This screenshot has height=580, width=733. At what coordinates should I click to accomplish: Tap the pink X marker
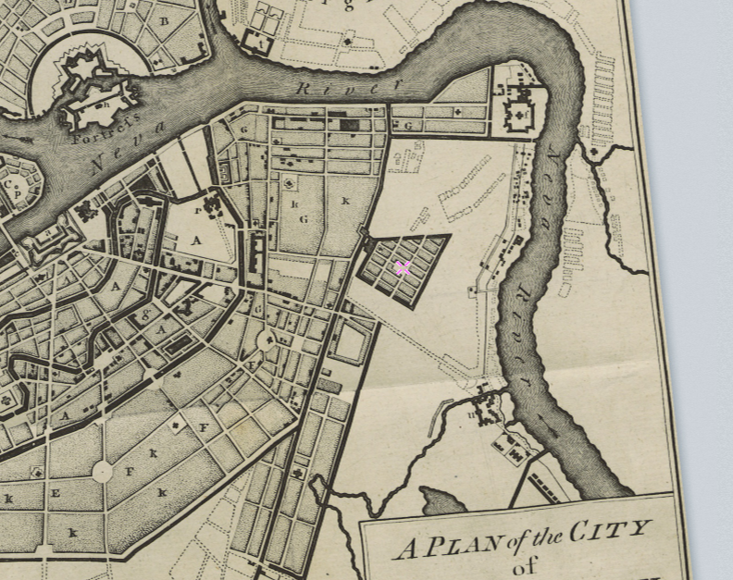(x=403, y=268)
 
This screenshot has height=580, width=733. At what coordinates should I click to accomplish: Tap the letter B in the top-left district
(x=165, y=21)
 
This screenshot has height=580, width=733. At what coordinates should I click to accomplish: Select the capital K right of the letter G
(x=345, y=201)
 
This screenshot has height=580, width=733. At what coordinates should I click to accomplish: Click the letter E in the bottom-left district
(x=55, y=493)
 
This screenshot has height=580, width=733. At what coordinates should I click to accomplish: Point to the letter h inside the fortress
(x=106, y=104)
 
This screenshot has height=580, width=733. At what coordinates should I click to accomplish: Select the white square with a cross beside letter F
(x=176, y=426)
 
